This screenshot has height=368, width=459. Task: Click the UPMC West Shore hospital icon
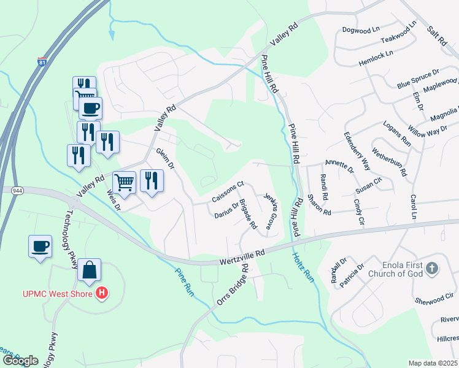[102, 294]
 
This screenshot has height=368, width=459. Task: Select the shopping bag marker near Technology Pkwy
[90, 269]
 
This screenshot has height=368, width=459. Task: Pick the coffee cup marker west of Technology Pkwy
[40, 247]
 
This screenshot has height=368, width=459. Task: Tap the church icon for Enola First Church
[432, 268]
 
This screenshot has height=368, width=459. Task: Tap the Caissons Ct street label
[228, 191]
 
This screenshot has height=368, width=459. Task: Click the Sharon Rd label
[320, 207]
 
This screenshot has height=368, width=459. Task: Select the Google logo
[20, 361]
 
